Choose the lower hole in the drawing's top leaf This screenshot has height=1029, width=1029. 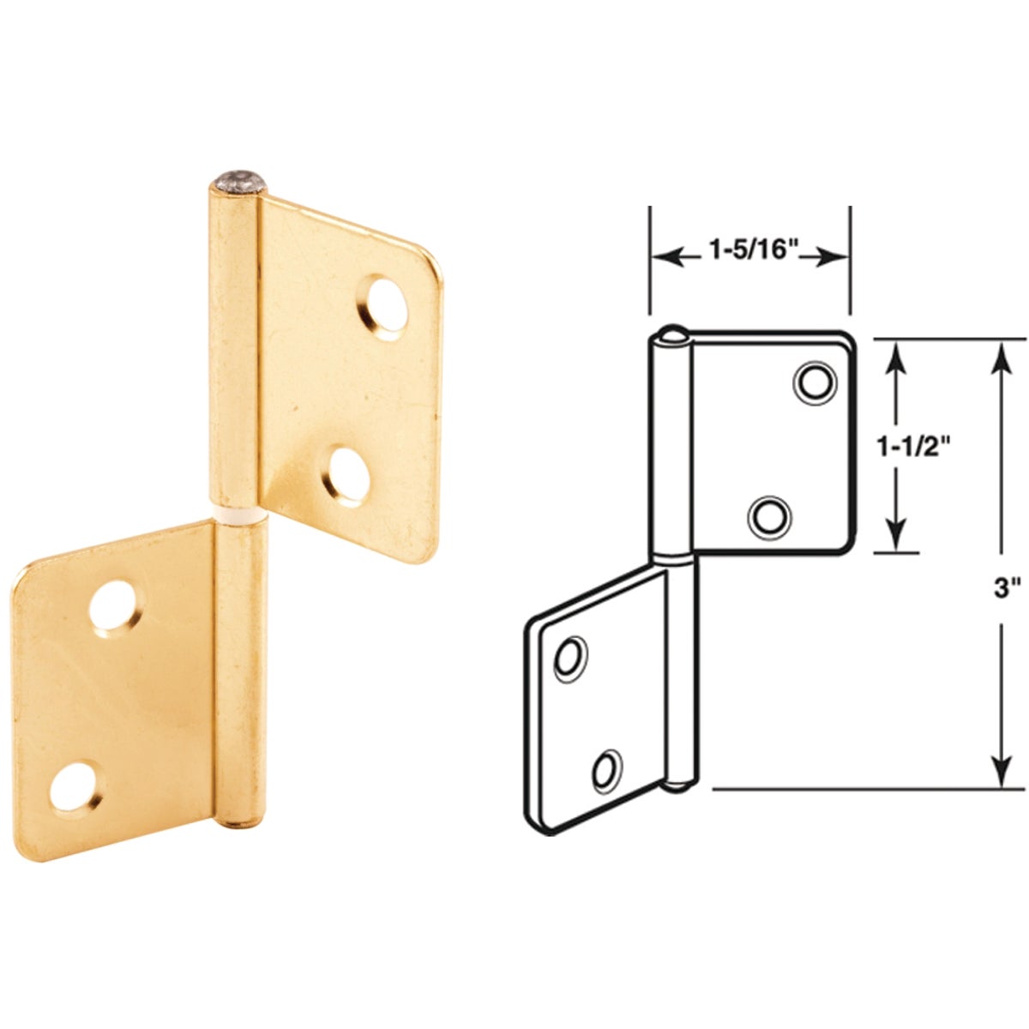point(769,516)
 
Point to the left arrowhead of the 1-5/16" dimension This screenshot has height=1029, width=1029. point(664,256)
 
